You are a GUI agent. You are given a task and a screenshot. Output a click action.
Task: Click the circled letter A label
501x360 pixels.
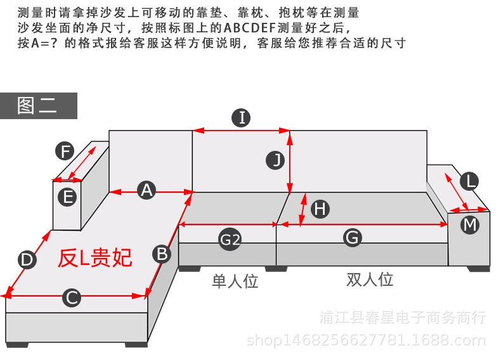147,190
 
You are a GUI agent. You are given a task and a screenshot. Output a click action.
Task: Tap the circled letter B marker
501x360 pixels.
162,254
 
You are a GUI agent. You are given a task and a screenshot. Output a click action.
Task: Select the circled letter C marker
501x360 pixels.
72,297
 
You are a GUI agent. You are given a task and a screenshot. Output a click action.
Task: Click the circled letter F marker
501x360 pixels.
65,151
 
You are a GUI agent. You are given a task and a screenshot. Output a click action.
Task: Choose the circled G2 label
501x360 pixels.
230,239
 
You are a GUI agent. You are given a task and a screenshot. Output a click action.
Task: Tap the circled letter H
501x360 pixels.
320,209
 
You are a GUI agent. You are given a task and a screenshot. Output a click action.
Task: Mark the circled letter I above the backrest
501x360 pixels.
241,117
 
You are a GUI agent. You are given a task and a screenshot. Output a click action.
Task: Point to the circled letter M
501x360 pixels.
470,224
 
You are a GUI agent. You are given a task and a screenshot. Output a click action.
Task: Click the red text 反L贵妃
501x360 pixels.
95,257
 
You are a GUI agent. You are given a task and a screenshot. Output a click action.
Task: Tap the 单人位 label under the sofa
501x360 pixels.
235,281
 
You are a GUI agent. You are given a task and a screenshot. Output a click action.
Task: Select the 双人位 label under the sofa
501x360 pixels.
370,280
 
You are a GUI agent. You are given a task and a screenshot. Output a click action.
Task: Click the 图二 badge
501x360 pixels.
38,106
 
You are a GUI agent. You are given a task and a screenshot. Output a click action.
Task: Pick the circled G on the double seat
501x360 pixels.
353,238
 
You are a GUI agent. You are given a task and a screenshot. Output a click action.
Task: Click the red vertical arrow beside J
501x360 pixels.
290,161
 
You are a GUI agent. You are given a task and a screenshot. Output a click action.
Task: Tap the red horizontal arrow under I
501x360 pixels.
241,131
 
